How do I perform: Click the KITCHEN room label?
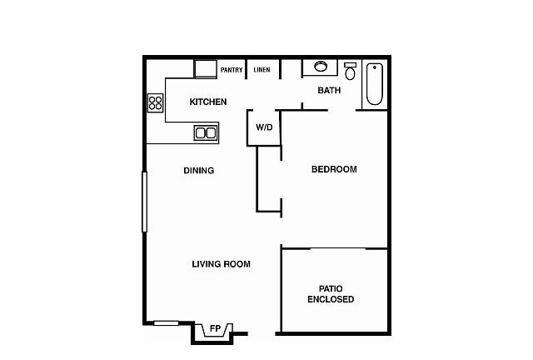[x=208, y=102]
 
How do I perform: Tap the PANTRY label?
[x=232, y=70]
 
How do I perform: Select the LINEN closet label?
[x=262, y=70]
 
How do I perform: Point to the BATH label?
[x=329, y=90]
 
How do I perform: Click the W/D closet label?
[x=264, y=127]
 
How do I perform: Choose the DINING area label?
[x=199, y=171]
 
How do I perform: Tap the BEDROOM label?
[x=334, y=169]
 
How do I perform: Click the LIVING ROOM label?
[x=222, y=264]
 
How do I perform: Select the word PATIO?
[x=331, y=289]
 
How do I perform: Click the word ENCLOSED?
[x=331, y=299]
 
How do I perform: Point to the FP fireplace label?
[x=215, y=328]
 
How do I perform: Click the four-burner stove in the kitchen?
[x=156, y=102]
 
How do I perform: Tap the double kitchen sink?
[x=206, y=132]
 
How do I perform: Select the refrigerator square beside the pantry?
[x=206, y=69]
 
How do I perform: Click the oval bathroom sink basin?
[x=321, y=67]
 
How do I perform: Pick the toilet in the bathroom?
[x=350, y=71]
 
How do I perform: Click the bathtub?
[x=375, y=84]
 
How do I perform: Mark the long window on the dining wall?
[x=144, y=202]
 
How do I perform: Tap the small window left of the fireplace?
[x=166, y=322]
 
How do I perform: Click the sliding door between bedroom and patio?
[x=337, y=248]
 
